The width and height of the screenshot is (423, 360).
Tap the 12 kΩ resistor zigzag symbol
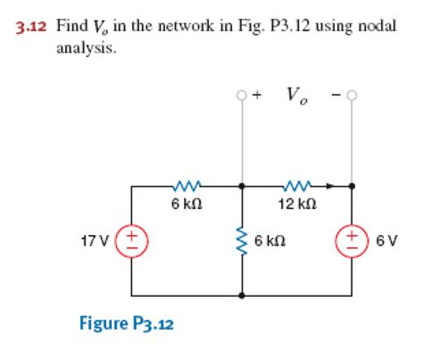(295, 187)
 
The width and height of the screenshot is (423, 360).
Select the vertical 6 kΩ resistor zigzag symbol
(242, 240)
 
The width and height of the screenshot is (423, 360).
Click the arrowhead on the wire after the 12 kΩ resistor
(330, 187)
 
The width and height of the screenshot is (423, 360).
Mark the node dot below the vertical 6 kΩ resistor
(243, 294)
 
